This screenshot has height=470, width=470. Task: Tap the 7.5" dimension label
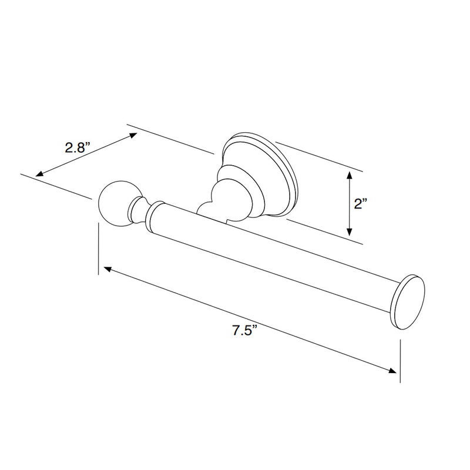[x=245, y=331]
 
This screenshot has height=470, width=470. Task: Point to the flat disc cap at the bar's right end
[x=408, y=302]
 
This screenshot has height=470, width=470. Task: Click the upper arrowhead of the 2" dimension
[x=349, y=174]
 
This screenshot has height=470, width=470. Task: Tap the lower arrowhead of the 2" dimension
[x=349, y=231]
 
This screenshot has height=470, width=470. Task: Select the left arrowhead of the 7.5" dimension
[x=108, y=269]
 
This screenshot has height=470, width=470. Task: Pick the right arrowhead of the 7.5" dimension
[x=392, y=371]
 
